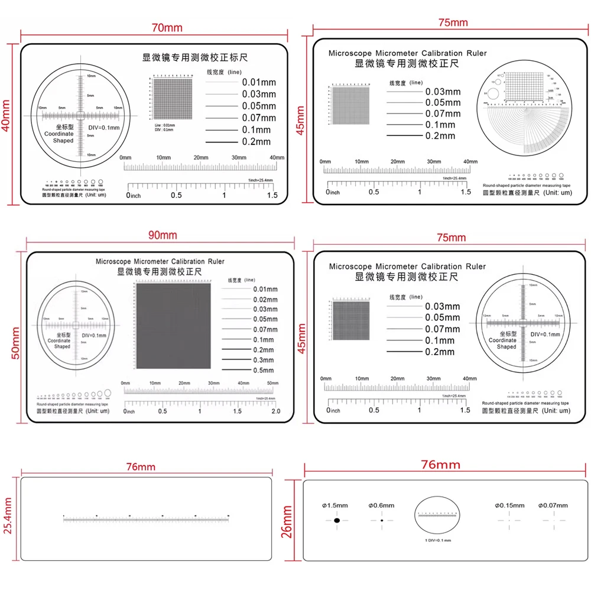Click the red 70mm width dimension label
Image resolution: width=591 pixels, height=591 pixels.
pyautogui.click(x=167, y=27)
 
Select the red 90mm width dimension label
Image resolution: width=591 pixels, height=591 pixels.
pyautogui.click(x=162, y=235)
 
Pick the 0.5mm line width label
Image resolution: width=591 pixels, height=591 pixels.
pyautogui.click(x=264, y=370)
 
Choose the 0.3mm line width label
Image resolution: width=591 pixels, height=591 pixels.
pyautogui.click(x=264, y=360)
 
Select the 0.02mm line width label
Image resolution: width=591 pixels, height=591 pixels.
pyautogui.click(x=265, y=299)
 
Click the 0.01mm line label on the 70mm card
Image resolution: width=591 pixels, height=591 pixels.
pyautogui.click(x=259, y=83)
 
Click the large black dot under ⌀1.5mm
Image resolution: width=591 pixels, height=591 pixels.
pyautogui.click(x=337, y=521)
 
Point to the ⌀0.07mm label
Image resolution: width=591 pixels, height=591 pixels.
pyautogui.click(x=553, y=505)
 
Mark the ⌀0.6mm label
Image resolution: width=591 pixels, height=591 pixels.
pyautogui.click(x=381, y=505)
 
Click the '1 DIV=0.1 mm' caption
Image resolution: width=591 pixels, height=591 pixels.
pyautogui.click(x=438, y=541)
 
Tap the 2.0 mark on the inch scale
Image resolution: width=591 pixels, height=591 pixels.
pyautogui.click(x=275, y=411)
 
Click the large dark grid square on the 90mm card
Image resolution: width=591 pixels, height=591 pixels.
pyautogui.click(x=172, y=326)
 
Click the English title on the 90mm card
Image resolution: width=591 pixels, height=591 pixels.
pyautogui.click(x=160, y=261)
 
